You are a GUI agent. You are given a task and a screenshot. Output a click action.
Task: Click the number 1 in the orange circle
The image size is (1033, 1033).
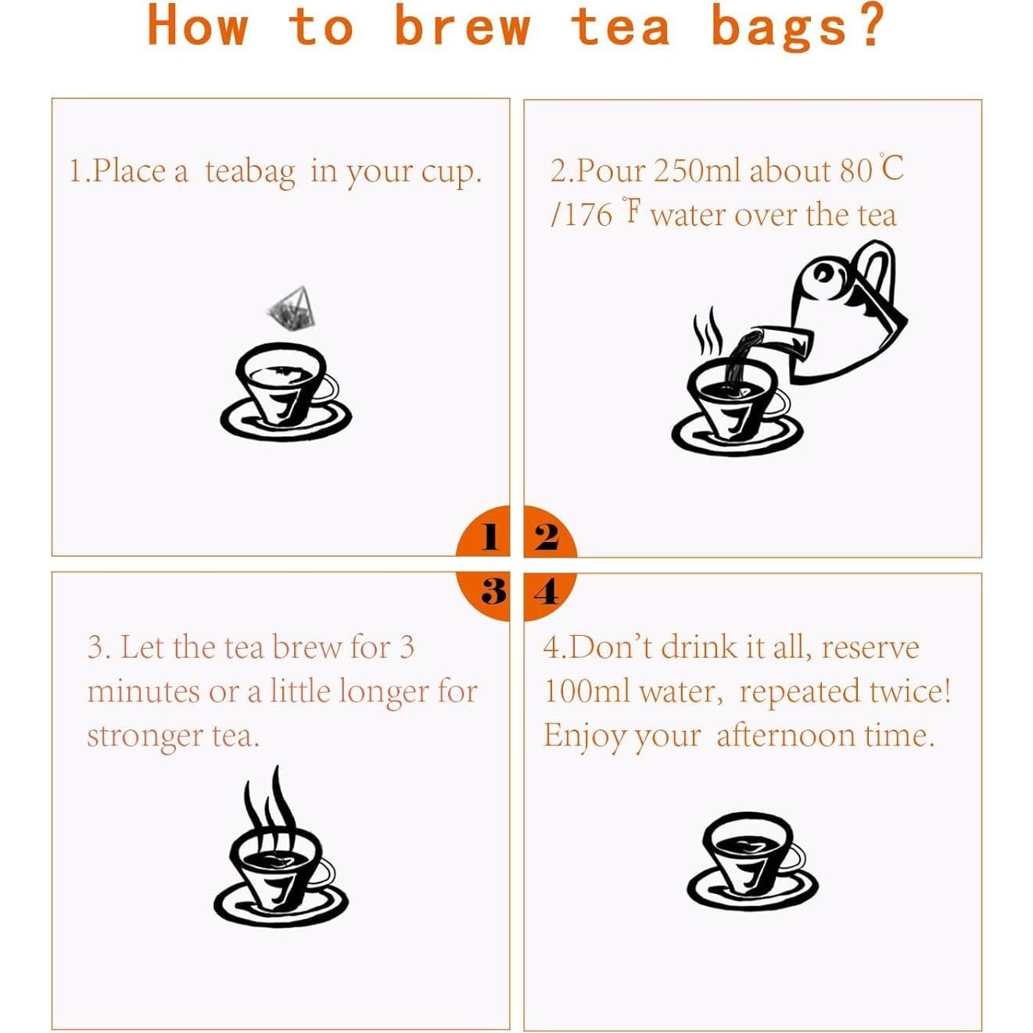490,536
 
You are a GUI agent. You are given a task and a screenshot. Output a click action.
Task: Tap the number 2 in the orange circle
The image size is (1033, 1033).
547,536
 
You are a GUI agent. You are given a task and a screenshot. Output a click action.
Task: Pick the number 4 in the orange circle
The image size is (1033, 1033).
547,593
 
